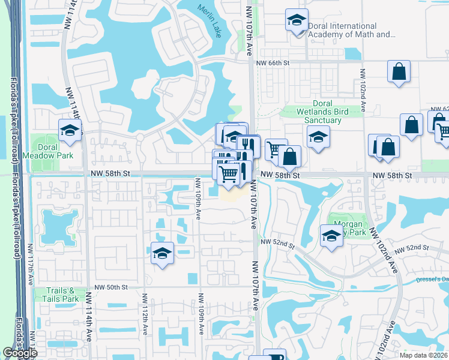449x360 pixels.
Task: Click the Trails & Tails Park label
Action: [x=62, y=294]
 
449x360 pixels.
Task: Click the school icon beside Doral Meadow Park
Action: [x=70, y=130]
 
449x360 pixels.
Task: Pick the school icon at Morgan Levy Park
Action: [x=331, y=235]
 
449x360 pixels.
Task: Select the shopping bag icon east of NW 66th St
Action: [x=399, y=72]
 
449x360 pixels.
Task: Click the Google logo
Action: [x=20, y=353]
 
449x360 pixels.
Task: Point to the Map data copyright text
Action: [x=424, y=355]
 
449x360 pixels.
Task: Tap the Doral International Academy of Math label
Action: [x=351, y=30]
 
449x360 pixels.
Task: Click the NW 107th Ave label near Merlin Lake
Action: [x=249, y=30]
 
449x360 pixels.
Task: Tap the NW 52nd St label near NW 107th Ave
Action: [x=278, y=242]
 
